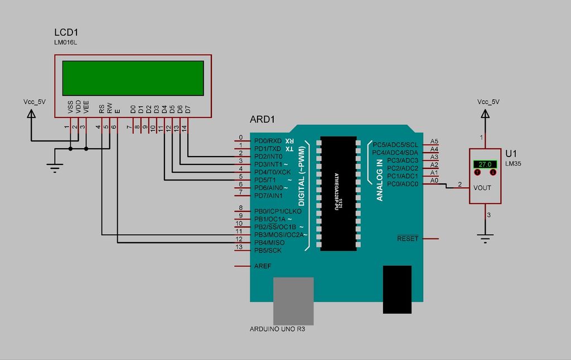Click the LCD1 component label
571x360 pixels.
tap(66, 32)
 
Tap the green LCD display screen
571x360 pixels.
tap(133, 78)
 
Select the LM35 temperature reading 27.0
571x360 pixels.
tap(485, 164)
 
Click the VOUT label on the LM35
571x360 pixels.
tap(482, 188)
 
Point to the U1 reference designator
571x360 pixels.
tap(511, 153)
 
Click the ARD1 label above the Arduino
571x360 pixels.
tap(262, 120)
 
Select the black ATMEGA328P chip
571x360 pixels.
tap(338, 193)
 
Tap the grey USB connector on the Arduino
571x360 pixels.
tap(293, 301)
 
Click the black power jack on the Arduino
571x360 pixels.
tap(396, 289)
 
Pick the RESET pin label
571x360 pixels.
tap(407, 239)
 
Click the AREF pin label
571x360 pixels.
tap(263, 266)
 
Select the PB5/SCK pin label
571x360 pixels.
tap(268, 251)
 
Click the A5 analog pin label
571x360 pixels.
tap(434, 141)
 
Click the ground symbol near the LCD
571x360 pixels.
tap(54, 166)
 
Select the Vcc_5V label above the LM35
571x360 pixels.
tap(488, 102)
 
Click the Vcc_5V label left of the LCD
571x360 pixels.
tap(35, 102)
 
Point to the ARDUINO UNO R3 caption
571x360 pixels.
tap(277, 329)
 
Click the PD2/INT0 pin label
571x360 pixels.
tap(268, 157)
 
